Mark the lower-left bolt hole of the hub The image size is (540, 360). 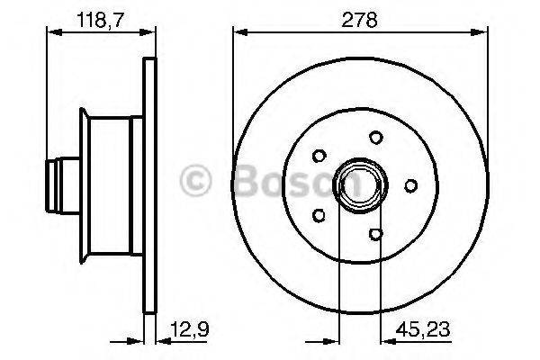pos(318,215)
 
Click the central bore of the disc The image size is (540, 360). pos(354,185)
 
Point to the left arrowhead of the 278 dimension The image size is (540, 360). pos(239,32)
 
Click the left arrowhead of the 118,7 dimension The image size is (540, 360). pos(50,32)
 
